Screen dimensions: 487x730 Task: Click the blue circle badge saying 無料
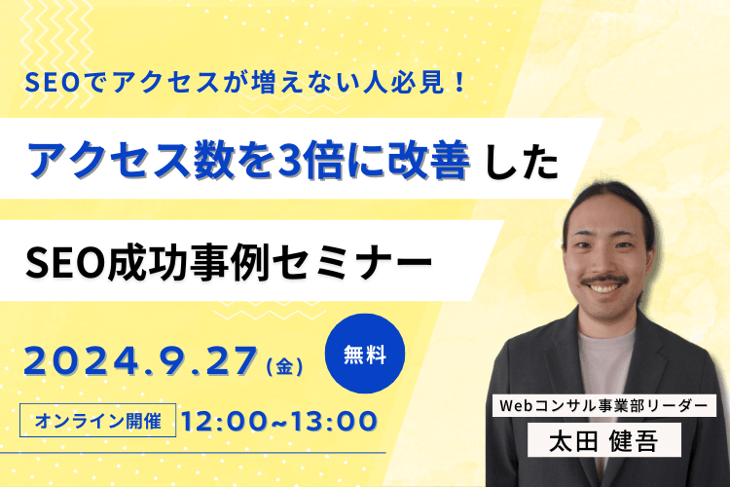[x=365, y=356]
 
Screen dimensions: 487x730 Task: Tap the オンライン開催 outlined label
[x=99, y=421]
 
